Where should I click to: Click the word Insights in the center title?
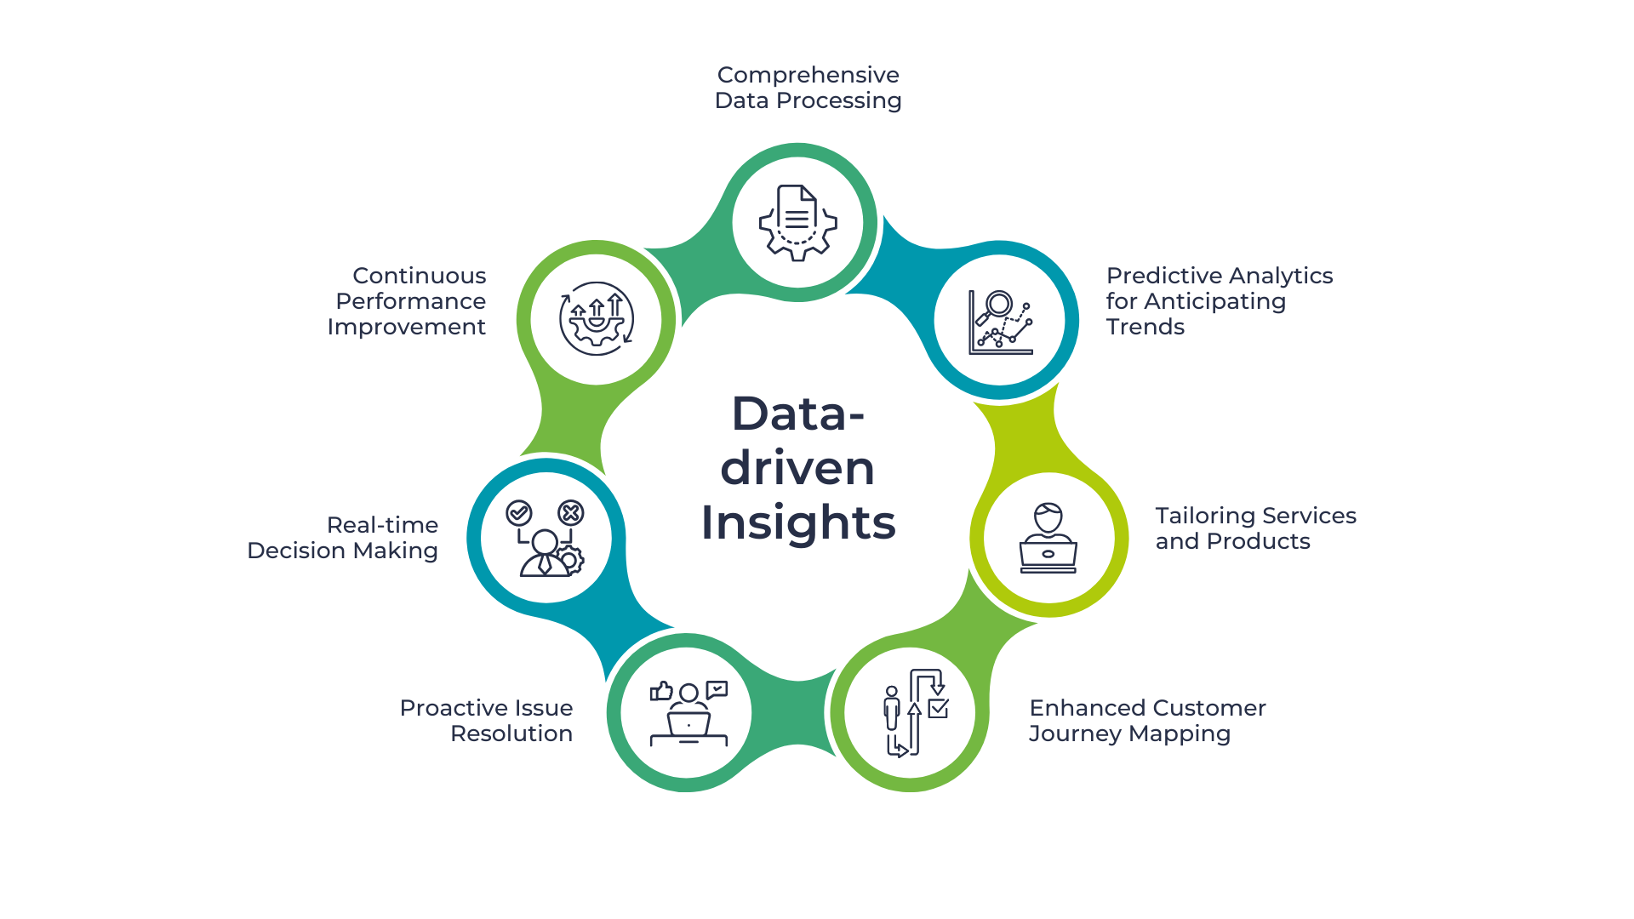click(x=797, y=522)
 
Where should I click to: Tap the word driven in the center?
click(x=797, y=468)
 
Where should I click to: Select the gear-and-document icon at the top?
click(x=797, y=223)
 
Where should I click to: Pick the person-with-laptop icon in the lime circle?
click(x=1048, y=538)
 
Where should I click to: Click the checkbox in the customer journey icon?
click(x=939, y=708)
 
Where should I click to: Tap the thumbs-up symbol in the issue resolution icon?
click(x=661, y=691)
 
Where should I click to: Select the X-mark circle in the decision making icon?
click(x=570, y=512)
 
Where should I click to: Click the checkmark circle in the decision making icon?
click(x=519, y=512)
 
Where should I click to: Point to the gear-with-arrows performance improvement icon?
click(x=597, y=319)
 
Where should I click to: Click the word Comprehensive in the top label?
click(x=808, y=75)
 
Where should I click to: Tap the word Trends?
click(x=1145, y=327)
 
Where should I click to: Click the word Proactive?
click(x=449, y=708)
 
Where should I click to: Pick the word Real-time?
click(x=382, y=525)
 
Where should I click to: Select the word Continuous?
click(x=419, y=276)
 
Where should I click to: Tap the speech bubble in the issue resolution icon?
click(x=717, y=689)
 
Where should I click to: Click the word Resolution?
click(x=511, y=733)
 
